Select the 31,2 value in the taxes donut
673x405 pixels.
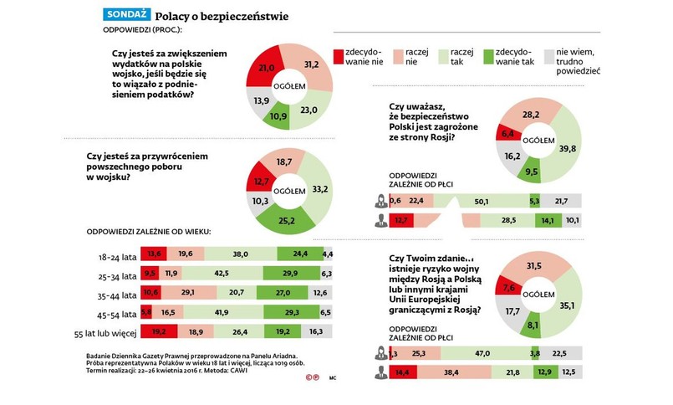(308, 64)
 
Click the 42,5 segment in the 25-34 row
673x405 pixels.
(222, 273)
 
